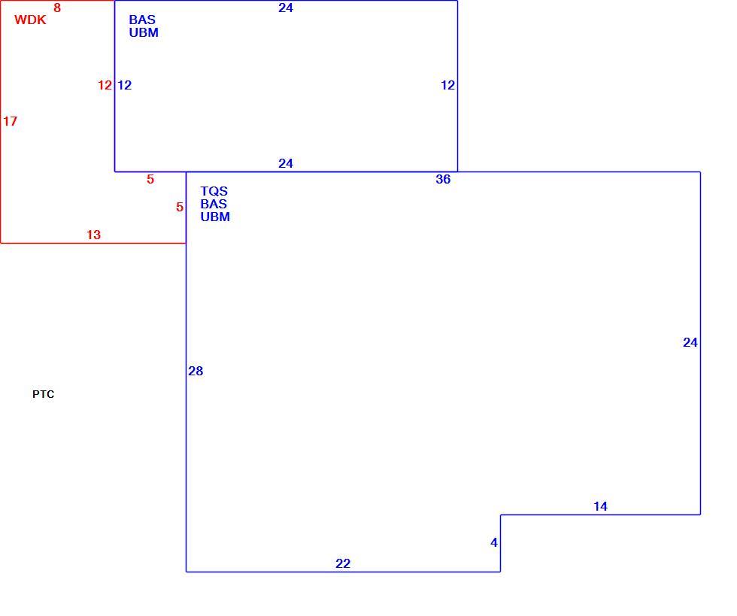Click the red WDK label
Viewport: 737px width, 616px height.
pyautogui.click(x=30, y=20)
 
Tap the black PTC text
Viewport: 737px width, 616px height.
pyautogui.click(x=44, y=394)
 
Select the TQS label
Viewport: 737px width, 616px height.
pyautogui.click(x=214, y=191)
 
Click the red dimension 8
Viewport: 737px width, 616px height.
pyautogui.click(x=57, y=8)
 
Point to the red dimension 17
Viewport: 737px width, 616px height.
pyautogui.click(x=10, y=121)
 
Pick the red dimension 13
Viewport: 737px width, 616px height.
pyautogui.click(x=93, y=235)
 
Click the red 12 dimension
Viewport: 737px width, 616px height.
pyautogui.click(x=105, y=85)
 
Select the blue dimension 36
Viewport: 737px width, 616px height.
pyautogui.click(x=443, y=179)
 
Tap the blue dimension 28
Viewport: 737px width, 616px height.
pyautogui.click(x=196, y=371)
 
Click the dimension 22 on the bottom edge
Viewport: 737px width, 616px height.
pyautogui.click(x=343, y=563)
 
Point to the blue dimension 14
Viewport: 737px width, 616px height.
pyautogui.click(x=600, y=506)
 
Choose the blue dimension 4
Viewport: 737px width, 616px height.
pyautogui.click(x=494, y=542)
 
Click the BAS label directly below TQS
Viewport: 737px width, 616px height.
pyautogui.click(x=214, y=204)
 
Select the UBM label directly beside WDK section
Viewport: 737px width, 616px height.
pyautogui.click(x=144, y=32)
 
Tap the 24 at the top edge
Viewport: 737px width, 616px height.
pyautogui.click(x=286, y=8)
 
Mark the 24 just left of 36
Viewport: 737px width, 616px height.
pyautogui.click(x=286, y=163)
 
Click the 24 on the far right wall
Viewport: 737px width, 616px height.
pyautogui.click(x=690, y=342)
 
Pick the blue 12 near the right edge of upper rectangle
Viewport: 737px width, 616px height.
pyautogui.click(x=448, y=85)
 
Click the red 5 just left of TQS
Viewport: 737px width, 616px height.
pyautogui.click(x=180, y=207)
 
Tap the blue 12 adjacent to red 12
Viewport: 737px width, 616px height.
pyautogui.click(x=125, y=85)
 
